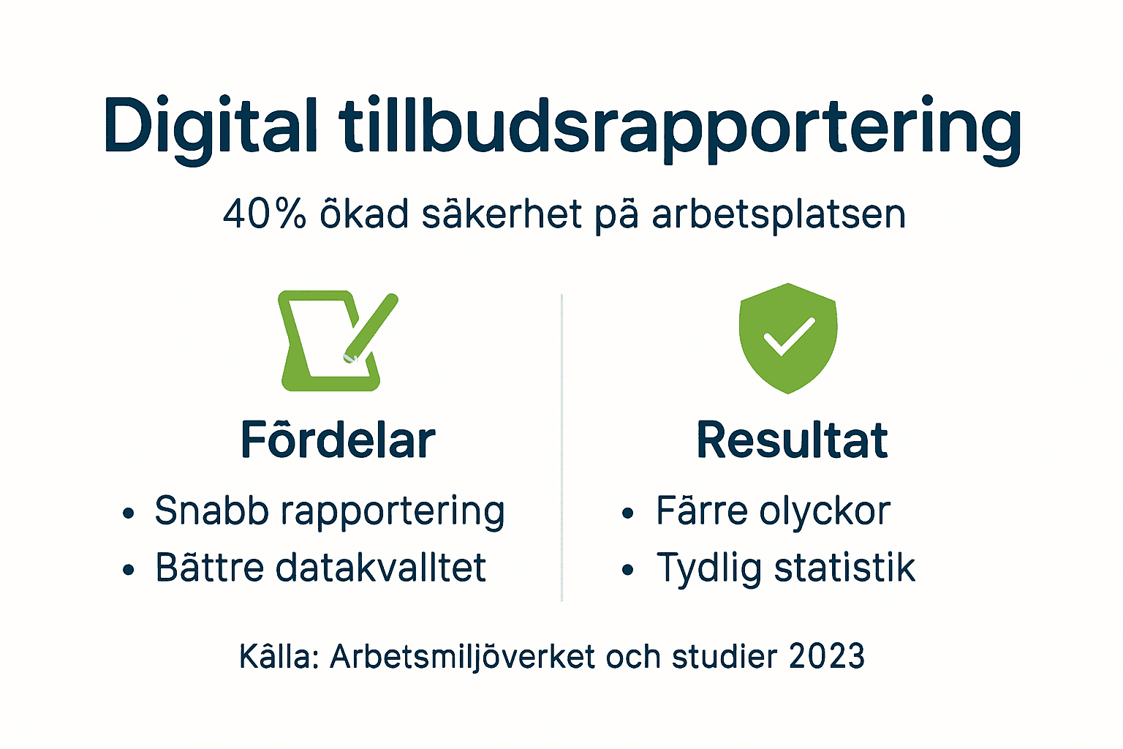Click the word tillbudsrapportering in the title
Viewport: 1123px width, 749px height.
pyautogui.click(x=680, y=126)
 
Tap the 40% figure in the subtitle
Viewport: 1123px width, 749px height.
pyautogui.click(x=264, y=214)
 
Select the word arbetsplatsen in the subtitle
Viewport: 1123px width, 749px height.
pyautogui.click(x=779, y=215)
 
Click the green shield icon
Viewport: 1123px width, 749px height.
pyautogui.click(x=787, y=338)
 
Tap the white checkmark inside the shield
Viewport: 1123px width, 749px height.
pyautogui.click(x=788, y=337)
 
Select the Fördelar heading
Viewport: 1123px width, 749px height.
pyautogui.click(x=338, y=440)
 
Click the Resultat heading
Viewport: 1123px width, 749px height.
pyautogui.click(x=792, y=440)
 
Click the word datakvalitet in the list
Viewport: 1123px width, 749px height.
pyautogui.click(x=380, y=568)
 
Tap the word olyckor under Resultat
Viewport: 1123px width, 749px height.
pyautogui.click(x=824, y=511)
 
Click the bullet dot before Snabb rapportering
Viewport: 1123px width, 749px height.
pyautogui.click(x=129, y=513)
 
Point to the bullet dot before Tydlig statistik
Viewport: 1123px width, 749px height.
pyautogui.click(x=627, y=571)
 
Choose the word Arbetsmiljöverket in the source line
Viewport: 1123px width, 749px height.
pyautogui.click(x=462, y=657)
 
